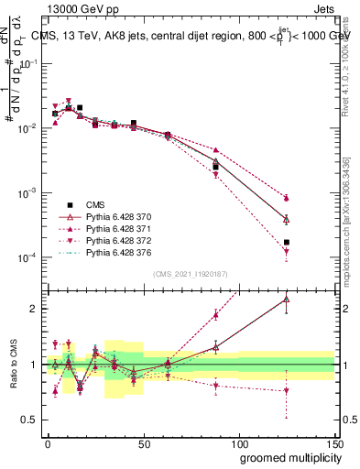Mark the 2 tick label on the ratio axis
tap(34, 309)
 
